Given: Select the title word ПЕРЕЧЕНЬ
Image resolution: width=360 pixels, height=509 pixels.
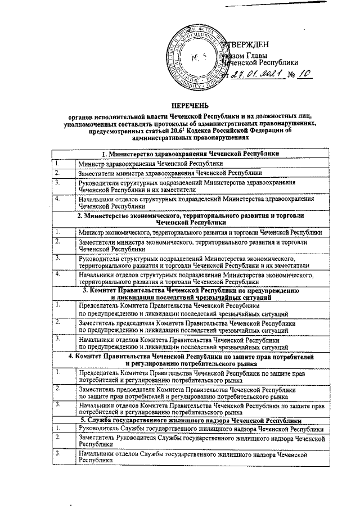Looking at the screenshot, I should [190, 106].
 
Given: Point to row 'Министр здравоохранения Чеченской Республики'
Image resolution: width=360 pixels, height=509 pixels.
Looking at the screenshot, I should [143, 163].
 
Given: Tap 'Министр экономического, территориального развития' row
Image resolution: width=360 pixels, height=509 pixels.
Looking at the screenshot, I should [200, 232].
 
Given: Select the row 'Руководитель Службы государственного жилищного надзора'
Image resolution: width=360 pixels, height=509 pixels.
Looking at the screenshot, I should [201, 429].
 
